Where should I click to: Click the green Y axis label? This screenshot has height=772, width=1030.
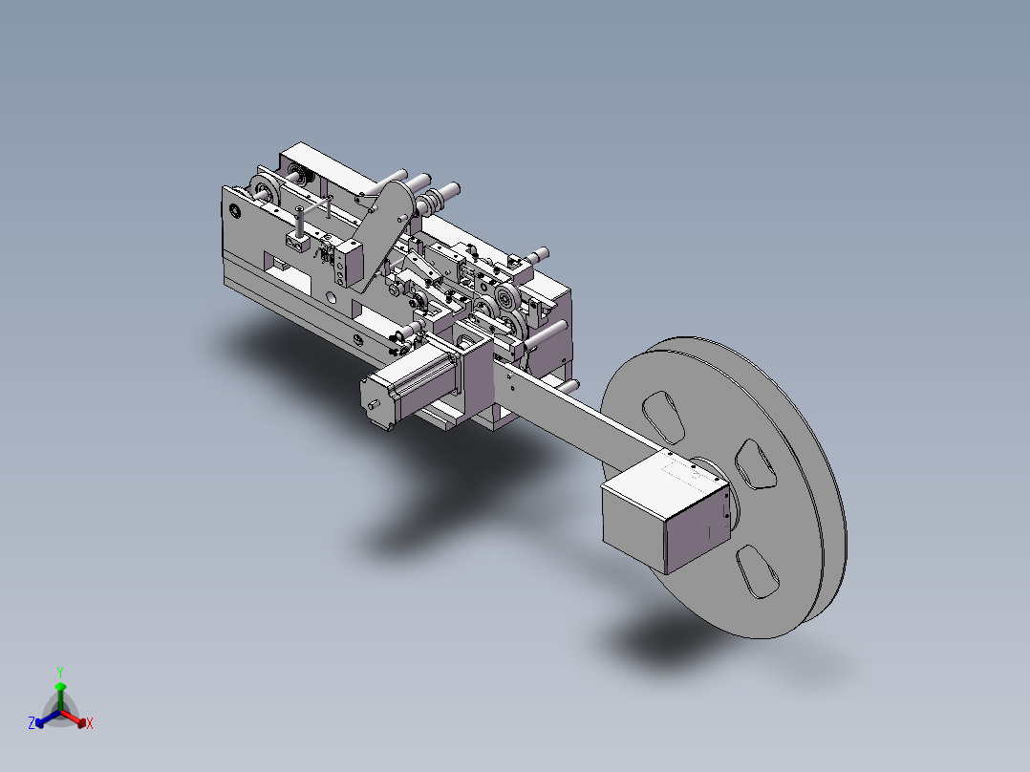59,671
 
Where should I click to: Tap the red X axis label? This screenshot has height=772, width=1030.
89,724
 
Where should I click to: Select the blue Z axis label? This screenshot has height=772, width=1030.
32,724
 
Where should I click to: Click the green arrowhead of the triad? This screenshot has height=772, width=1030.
60,686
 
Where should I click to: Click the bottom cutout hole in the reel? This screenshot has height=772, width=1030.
761,572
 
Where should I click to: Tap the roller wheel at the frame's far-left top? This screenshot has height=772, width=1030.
263,190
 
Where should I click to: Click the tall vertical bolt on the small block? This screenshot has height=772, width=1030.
300,223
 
